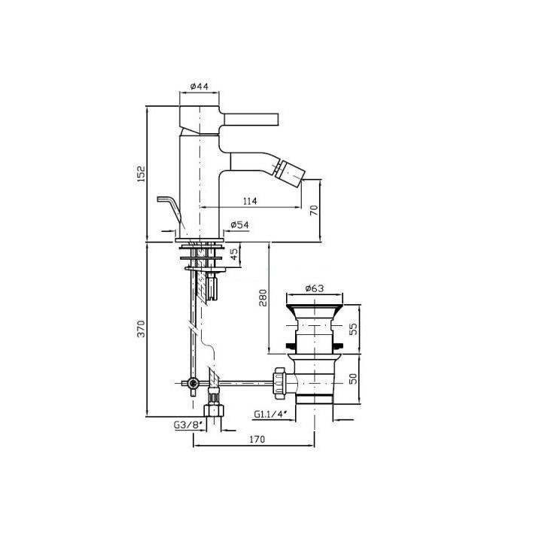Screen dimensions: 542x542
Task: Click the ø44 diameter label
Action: point(199,87)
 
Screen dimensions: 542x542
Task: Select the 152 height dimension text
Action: point(142,175)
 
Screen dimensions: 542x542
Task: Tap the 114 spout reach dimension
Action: point(250,201)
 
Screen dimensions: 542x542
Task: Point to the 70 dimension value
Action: point(314,210)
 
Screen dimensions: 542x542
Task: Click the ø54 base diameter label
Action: point(239,224)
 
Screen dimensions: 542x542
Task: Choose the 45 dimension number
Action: point(234,254)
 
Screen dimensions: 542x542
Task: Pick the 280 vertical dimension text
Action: point(263,298)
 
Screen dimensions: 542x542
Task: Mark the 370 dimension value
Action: point(142,329)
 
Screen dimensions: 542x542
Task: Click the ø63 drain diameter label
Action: point(315,288)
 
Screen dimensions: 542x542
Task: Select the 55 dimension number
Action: point(354,329)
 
